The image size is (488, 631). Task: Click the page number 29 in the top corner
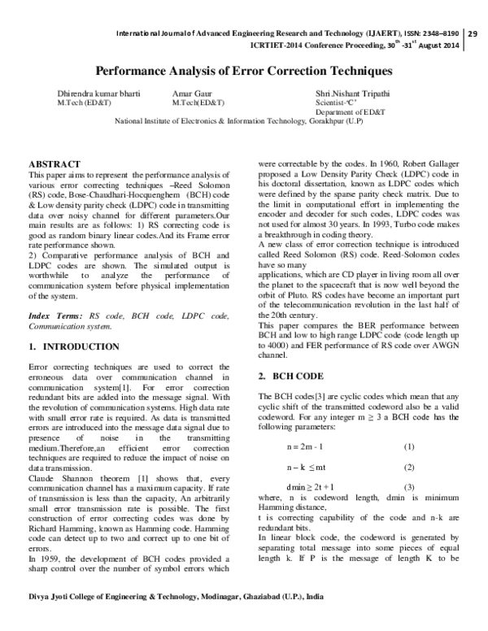pyautogui.click(x=473, y=33)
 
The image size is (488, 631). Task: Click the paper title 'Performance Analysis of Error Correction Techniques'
pyautogui.click(x=244, y=72)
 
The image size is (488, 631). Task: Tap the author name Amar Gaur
pyautogui.click(x=192, y=94)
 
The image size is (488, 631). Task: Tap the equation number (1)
pyautogui.click(x=408, y=447)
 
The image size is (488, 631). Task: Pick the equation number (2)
pyautogui.click(x=408, y=468)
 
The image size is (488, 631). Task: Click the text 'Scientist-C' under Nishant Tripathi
pyautogui.click(x=338, y=103)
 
